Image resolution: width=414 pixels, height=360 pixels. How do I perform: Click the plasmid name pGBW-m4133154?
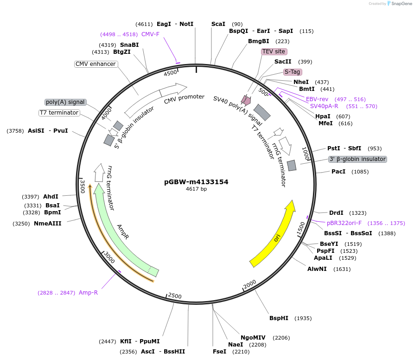tap(196, 182)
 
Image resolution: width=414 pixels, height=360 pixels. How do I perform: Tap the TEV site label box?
tap(274, 51)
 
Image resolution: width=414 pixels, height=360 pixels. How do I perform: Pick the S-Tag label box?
tap(293, 72)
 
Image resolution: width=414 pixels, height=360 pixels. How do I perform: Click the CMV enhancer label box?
tap(96, 64)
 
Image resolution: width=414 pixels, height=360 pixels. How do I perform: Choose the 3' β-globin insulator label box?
tap(357, 159)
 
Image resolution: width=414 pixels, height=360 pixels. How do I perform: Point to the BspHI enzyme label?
tap(279, 318)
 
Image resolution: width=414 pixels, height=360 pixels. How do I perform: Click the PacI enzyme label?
tap(338, 172)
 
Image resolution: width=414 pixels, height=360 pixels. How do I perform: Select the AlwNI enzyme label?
tap(317, 269)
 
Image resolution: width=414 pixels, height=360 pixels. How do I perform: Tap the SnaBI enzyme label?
tap(129, 45)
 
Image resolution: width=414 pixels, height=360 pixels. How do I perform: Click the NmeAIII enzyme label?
tap(48, 224)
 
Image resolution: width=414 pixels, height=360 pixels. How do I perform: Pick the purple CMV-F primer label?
tap(150, 34)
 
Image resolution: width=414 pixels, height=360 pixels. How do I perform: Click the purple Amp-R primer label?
tap(88, 293)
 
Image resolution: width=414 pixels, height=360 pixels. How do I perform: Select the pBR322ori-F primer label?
tap(344, 223)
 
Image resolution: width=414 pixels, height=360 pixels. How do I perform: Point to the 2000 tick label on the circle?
tap(249, 283)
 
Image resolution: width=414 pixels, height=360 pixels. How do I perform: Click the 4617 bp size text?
tap(196, 189)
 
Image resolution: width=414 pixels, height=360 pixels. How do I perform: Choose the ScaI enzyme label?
tap(218, 24)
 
